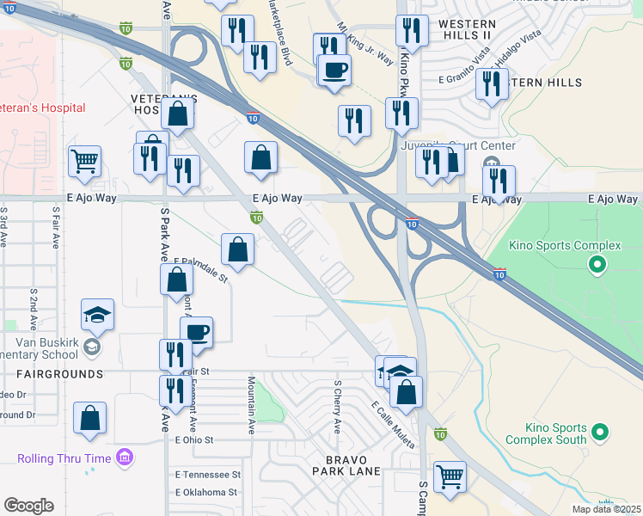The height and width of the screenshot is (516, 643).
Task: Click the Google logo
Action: [28, 506]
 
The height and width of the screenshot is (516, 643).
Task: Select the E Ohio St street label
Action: [193, 439]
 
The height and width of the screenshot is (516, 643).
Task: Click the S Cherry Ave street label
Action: [337, 406]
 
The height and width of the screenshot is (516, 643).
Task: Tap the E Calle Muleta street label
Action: [393, 424]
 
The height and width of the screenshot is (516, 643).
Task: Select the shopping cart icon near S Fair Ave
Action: [85, 160]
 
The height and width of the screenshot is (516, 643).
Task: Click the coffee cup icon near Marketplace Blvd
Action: [334, 69]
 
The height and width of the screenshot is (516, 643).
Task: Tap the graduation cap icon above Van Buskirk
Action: [97, 314]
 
